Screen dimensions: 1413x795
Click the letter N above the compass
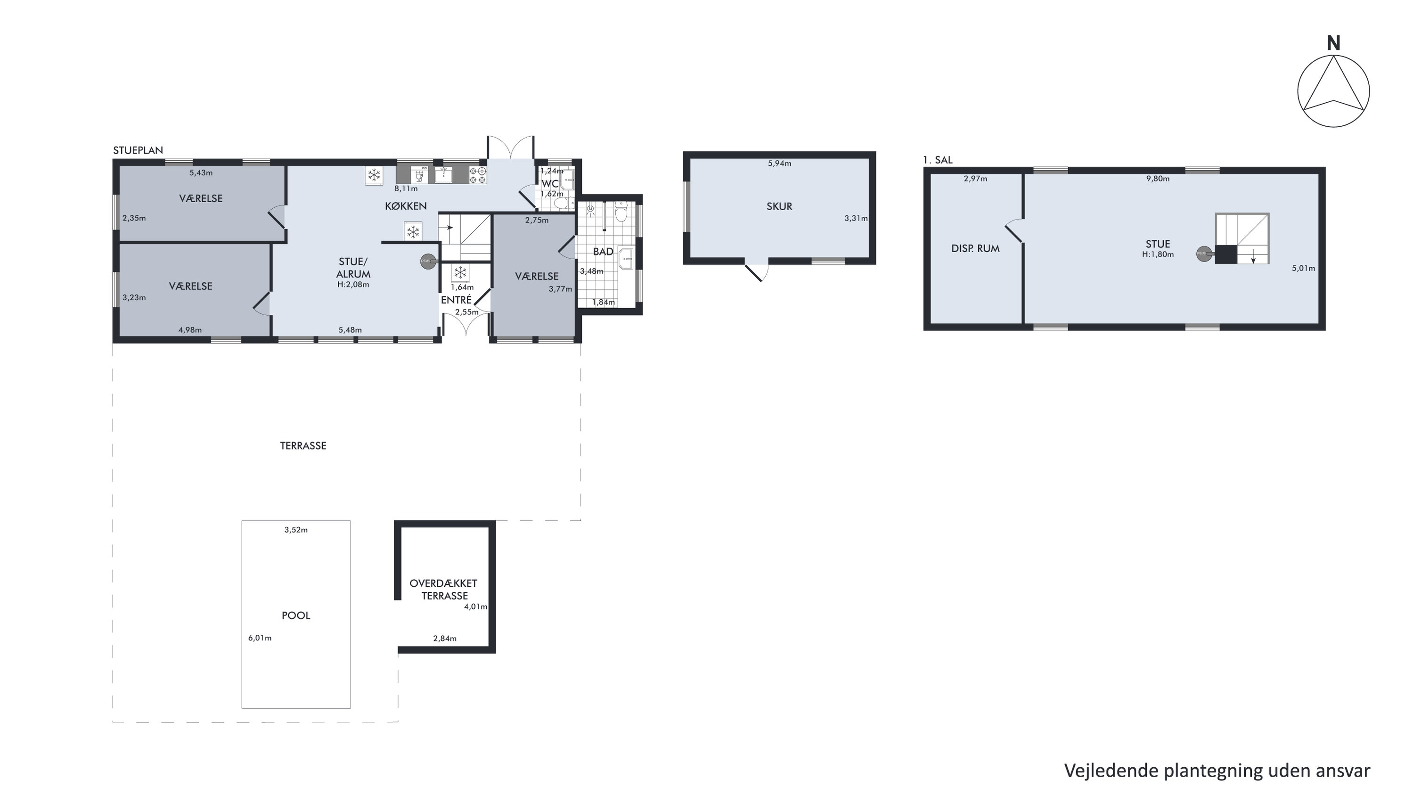coord(1333,43)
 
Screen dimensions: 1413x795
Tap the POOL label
coord(296,615)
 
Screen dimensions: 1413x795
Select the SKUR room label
coord(779,207)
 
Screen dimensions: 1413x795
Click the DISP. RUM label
coord(975,248)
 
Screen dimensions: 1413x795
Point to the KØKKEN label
coord(406,206)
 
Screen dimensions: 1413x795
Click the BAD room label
coord(603,252)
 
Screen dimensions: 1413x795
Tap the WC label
coord(550,183)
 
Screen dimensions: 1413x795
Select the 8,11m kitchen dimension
coord(406,189)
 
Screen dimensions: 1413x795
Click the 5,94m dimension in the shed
coord(779,164)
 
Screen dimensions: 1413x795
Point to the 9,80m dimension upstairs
coord(1158,179)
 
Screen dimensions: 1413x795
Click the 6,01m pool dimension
coord(260,638)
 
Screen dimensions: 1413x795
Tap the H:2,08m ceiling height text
coord(353,285)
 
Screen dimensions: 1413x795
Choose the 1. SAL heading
coord(938,160)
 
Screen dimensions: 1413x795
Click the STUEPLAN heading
coord(138,150)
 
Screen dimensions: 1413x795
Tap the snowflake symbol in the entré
coord(461,272)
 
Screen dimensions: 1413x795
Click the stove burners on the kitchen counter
coord(478,175)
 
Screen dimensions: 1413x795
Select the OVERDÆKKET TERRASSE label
coord(444,590)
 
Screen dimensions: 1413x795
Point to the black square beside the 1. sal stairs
coord(1226,254)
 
